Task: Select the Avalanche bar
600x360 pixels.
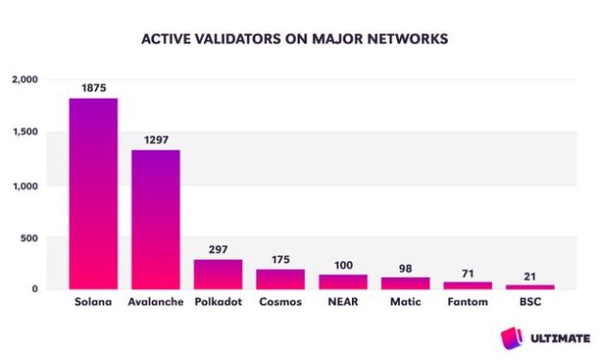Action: pos(155,219)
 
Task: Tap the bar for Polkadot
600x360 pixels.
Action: pos(218,274)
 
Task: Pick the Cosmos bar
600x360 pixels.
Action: pos(280,279)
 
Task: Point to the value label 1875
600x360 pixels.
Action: pos(93,87)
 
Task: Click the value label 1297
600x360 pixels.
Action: pos(156,139)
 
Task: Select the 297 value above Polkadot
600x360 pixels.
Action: pos(218,248)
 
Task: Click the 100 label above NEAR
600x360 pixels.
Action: pos(343,263)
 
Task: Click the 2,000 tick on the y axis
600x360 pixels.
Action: pos(22,80)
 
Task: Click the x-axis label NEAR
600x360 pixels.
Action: pos(343,303)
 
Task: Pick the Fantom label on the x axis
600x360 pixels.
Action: pos(468,303)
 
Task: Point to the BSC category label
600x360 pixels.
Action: pos(530,303)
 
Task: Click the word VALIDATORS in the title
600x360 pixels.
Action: pos(228,40)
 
